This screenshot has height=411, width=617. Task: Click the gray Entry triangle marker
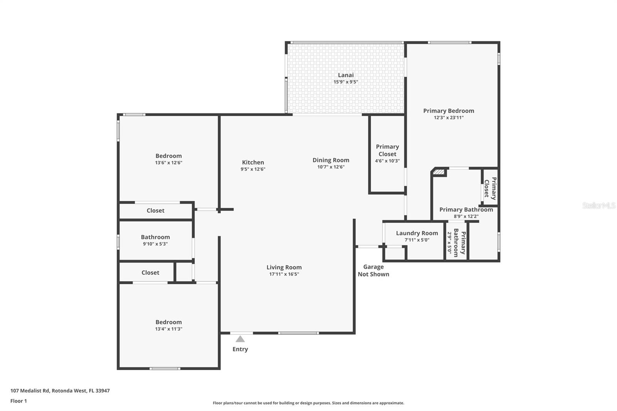pyautogui.click(x=240, y=339)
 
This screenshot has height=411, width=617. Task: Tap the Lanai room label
pyautogui.click(x=346, y=75)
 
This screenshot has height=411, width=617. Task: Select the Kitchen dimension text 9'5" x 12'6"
pyautogui.click(x=253, y=169)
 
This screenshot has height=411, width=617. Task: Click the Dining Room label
pyautogui.click(x=331, y=160)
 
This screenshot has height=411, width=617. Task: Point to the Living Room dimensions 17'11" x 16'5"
pyautogui.click(x=284, y=274)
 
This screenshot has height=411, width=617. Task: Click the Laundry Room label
pyautogui.click(x=417, y=233)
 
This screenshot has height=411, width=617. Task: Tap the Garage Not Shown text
pyautogui.click(x=374, y=271)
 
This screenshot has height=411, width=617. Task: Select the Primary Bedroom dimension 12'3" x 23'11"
pyautogui.click(x=449, y=118)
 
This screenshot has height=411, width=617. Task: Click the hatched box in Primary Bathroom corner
pyautogui.click(x=439, y=172)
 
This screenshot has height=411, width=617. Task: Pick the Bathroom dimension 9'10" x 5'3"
pyautogui.click(x=155, y=244)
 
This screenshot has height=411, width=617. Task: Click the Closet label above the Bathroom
pyautogui.click(x=155, y=211)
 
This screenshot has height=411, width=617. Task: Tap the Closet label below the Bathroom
pyautogui.click(x=150, y=273)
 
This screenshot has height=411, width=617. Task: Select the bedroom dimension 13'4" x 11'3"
pyautogui.click(x=169, y=329)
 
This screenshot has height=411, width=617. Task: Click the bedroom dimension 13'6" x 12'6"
pyautogui.click(x=169, y=163)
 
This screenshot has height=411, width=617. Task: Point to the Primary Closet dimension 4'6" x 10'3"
pyautogui.click(x=387, y=161)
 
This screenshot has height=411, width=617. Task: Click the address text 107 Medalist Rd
pyautogui.click(x=30, y=391)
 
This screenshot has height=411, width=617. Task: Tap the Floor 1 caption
pyautogui.click(x=19, y=401)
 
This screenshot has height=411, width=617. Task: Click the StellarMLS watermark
pyautogui.click(x=599, y=205)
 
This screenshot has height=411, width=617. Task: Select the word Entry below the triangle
pyautogui.click(x=240, y=349)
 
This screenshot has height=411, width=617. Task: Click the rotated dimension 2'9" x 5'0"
pyautogui.click(x=449, y=243)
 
